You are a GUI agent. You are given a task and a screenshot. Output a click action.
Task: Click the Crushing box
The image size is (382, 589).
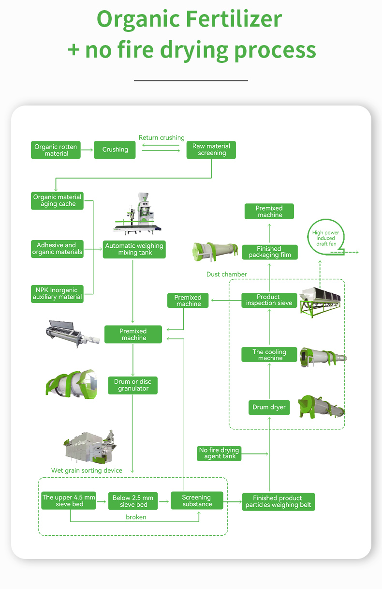(x=115, y=150)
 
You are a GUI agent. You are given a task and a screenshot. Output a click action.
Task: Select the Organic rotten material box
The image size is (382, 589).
(x=56, y=150)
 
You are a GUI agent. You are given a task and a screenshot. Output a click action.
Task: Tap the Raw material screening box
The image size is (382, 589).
(x=211, y=150)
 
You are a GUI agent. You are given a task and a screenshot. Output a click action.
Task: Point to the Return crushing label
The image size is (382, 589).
(x=162, y=137)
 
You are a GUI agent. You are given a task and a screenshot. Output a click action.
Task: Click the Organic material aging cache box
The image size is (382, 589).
(x=57, y=201)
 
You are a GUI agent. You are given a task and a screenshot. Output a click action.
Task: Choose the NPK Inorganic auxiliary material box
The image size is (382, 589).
(x=57, y=294)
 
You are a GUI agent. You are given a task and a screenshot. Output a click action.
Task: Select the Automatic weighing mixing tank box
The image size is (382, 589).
(x=134, y=249)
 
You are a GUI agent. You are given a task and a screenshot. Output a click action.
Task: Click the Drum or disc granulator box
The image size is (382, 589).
(x=132, y=385)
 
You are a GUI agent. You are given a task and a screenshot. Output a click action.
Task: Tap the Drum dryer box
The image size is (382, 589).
(x=269, y=408)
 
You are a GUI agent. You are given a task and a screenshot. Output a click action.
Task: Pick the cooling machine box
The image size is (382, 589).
(x=269, y=354)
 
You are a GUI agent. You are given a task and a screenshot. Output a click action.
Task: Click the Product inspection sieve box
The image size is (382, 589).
(x=269, y=300)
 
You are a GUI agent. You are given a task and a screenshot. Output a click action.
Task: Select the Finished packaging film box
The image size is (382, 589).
(x=269, y=252)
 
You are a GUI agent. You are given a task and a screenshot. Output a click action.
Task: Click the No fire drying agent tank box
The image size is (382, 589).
(x=219, y=453)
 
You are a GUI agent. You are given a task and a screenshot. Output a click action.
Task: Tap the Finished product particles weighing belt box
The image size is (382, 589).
(x=278, y=502)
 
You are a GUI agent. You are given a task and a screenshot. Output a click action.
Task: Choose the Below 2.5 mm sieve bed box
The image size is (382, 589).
(x=133, y=501)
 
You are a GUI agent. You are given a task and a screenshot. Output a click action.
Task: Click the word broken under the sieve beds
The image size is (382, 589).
(x=136, y=517)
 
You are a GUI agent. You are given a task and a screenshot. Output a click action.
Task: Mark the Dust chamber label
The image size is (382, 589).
(x=226, y=274)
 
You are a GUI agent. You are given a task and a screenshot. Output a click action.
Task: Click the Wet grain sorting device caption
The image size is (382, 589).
(x=87, y=470)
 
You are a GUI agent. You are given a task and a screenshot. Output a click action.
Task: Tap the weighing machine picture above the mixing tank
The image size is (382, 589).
(x=137, y=213)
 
